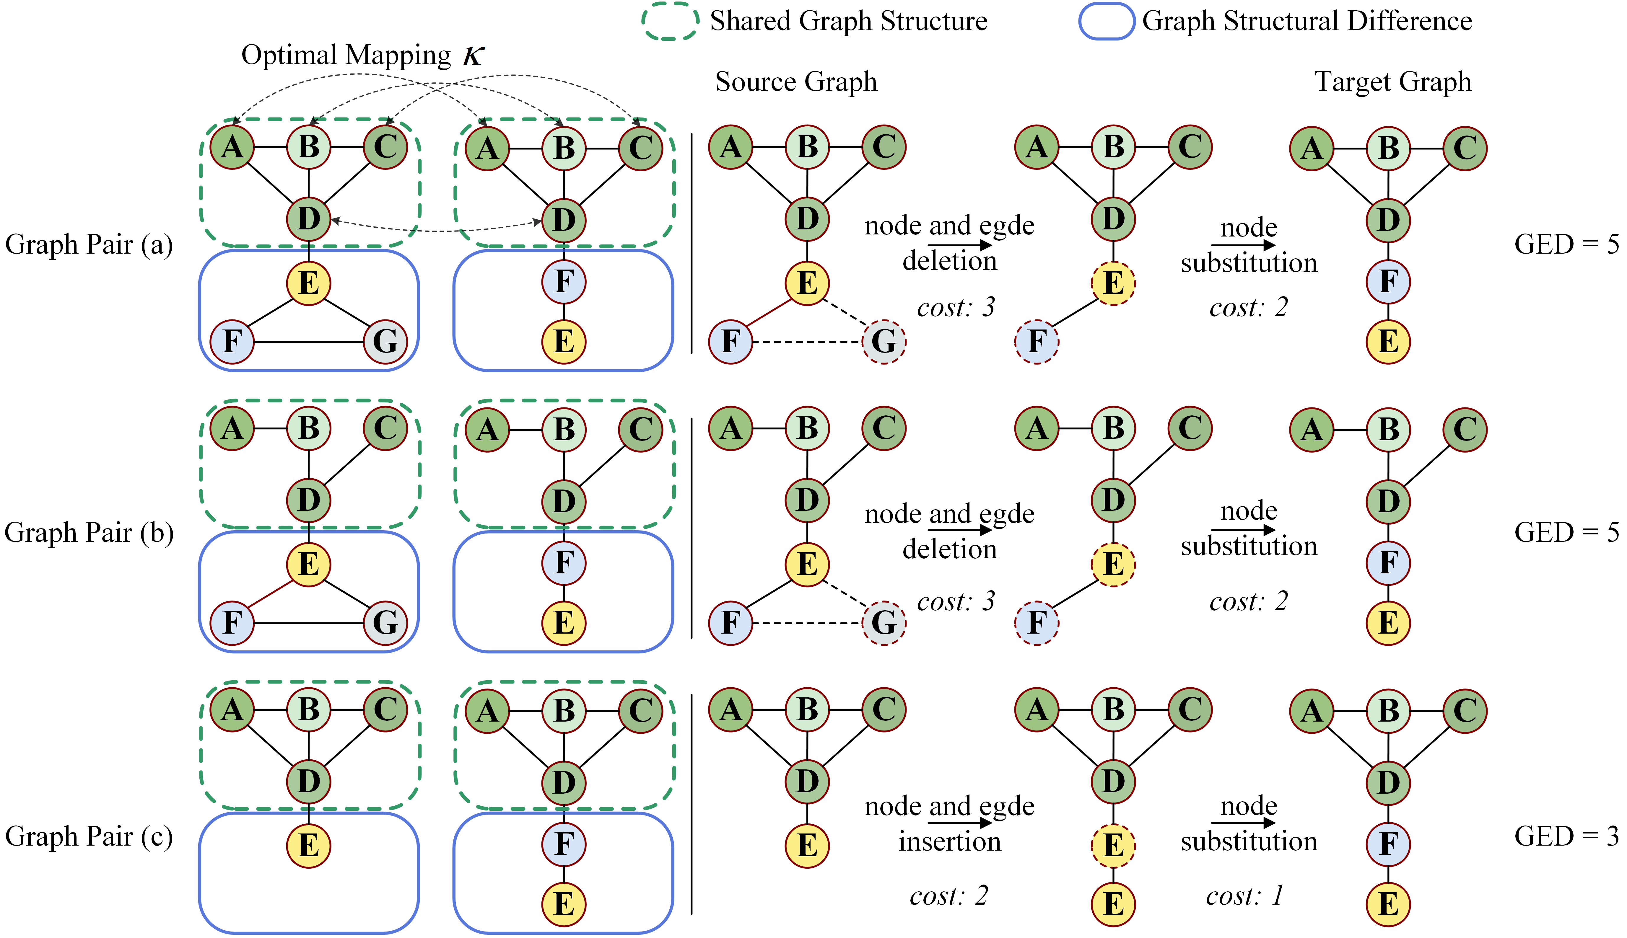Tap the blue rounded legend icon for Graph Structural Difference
click(1106, 21)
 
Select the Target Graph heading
click(1393, 82)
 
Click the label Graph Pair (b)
click(89, 533)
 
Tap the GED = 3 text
click(1566, 836)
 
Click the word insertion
click(950, 841)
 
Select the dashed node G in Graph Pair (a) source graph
click(884, 341)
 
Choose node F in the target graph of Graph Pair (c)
click(1388, 844)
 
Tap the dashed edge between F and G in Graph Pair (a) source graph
click(807, 341)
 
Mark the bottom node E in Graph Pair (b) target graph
click(1388, 623)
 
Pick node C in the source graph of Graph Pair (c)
click(884, 710)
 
